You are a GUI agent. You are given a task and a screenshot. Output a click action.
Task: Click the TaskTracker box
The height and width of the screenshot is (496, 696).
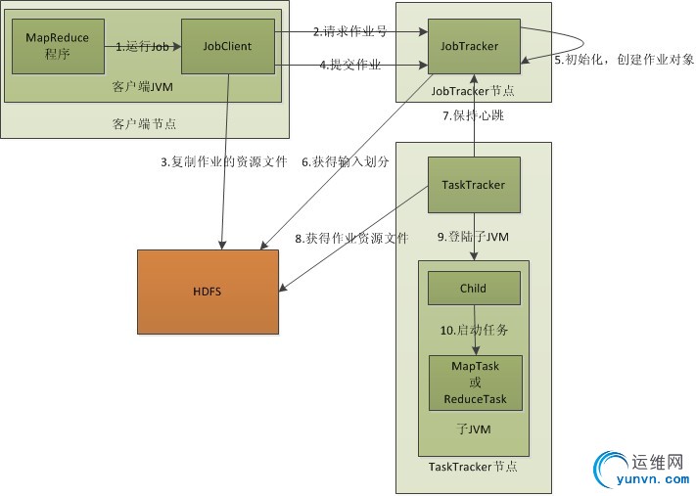click(473, 184)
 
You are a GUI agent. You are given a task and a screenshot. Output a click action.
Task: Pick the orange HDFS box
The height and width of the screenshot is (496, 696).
click(208, 292)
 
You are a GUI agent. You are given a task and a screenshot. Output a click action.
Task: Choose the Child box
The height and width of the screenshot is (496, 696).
click(473, 289)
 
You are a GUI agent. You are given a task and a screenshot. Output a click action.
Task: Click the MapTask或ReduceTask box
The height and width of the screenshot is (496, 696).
click(475, 383)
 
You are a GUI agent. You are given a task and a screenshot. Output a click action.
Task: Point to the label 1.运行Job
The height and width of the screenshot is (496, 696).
click(144, 46)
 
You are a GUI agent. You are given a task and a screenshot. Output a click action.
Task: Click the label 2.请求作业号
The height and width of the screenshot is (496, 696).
click(348, 31)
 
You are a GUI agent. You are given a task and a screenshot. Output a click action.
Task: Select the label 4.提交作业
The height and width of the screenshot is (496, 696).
click(348, 65)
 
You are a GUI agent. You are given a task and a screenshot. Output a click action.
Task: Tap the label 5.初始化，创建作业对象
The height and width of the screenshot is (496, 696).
click(624, 60)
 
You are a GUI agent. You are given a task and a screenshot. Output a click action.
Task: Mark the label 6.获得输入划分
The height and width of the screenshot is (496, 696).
click(345, 162)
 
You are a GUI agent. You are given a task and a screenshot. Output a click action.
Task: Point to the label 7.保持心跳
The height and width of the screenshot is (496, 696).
click(474, 115)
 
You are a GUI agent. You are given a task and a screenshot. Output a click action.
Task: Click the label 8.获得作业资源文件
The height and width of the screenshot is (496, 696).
click(349, 238)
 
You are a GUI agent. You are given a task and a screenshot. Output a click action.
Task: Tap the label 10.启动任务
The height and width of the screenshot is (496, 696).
click(474, 331)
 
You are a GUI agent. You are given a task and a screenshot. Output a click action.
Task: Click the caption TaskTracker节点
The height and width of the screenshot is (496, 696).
click(473, 468)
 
